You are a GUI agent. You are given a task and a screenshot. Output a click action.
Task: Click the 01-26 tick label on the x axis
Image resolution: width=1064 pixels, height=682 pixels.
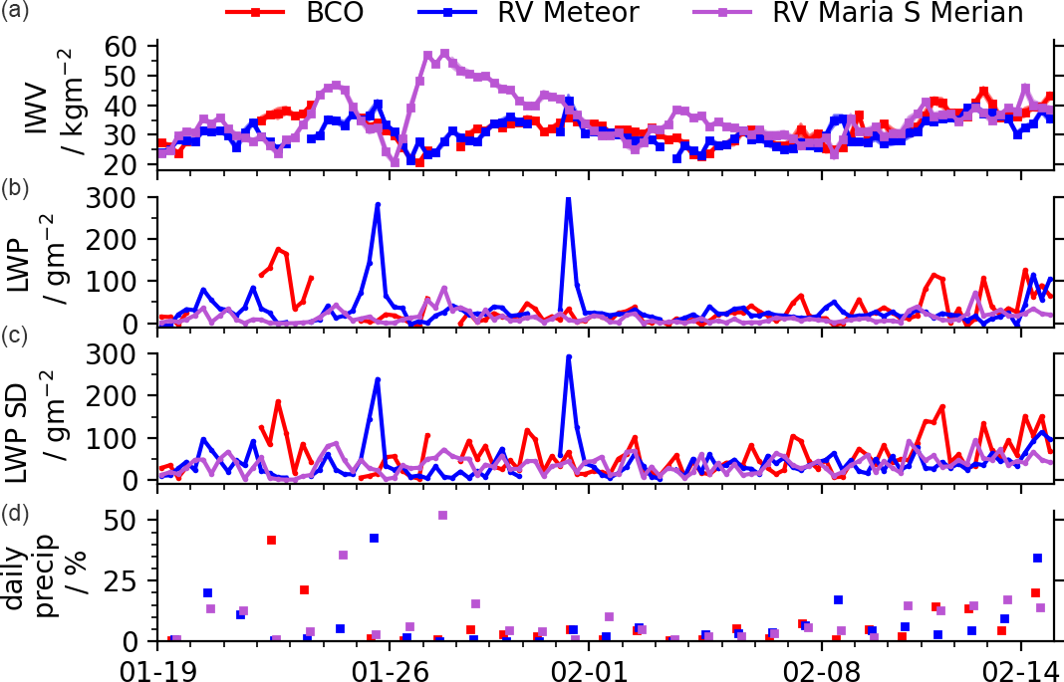(386, 664)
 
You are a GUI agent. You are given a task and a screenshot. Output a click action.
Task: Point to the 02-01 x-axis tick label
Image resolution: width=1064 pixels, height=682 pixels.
(588, 664)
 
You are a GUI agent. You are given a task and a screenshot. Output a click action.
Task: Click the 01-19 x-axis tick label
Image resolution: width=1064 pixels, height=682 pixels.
(157, 664)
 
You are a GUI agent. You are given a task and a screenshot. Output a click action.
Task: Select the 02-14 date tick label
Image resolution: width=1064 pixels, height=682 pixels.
(1026, 664)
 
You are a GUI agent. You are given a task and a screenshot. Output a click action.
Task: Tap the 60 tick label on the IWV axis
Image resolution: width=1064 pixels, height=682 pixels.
(132, 46)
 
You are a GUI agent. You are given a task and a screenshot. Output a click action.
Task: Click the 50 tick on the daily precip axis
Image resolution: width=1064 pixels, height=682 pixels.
(132, 520)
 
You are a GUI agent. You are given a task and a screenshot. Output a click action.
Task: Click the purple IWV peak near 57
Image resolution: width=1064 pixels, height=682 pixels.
(444, 54)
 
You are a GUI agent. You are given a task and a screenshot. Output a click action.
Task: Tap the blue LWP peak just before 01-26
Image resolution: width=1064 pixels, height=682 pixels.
(378, 205)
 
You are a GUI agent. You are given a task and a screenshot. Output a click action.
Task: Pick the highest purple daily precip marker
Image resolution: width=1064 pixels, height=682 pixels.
(442, 515)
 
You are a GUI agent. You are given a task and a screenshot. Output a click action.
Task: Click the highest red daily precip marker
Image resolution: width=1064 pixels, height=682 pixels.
(271, 540)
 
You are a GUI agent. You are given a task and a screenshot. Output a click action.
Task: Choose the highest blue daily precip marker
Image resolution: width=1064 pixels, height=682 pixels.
(374, 538)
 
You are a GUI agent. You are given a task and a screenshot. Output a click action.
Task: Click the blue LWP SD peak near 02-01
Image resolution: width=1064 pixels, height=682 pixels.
(568, 356)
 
